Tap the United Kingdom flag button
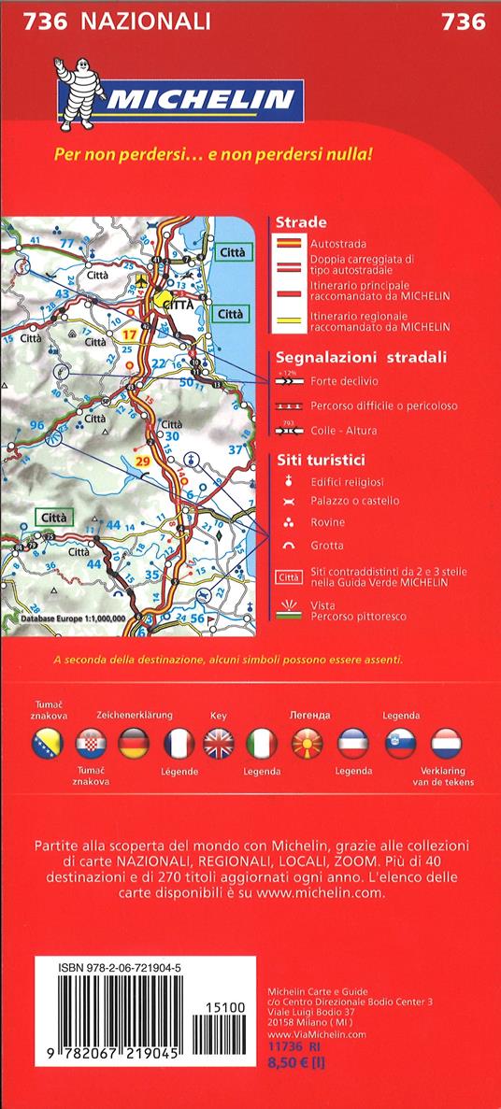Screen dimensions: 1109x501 [221, 745]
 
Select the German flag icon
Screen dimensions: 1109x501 [134, 745]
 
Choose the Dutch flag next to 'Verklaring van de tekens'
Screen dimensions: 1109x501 [448, 745]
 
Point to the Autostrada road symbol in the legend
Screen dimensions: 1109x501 [288, 244]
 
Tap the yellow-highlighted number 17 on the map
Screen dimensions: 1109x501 [131, 334]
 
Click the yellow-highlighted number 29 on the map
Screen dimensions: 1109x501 [143, 462]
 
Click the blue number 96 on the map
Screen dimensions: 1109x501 [37, 426]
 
